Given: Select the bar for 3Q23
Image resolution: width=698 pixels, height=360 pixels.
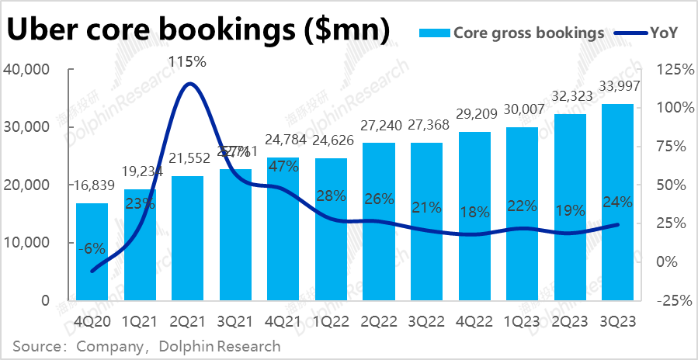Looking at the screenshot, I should pyautogui.click(x=617, y=202).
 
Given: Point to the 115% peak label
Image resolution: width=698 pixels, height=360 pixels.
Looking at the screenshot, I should pyautogui.click(x=188, y=60).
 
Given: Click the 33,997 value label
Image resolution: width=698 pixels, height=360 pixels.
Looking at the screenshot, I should pyautogui.click(x=617, y=85).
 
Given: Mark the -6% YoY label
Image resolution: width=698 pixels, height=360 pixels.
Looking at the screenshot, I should pyautogui.click(x=92, y=248).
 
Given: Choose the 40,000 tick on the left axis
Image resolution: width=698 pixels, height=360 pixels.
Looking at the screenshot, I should pyautogui.click(x=27, y=69).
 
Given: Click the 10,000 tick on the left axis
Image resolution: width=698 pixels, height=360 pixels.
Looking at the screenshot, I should pyautogui.click(x=27, y=243).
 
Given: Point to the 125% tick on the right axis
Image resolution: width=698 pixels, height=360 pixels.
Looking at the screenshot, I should pyautogui.click(x=672, y=69).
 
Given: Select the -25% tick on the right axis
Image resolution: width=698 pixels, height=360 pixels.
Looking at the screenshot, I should pyautogui.click(x=672, y=300).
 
